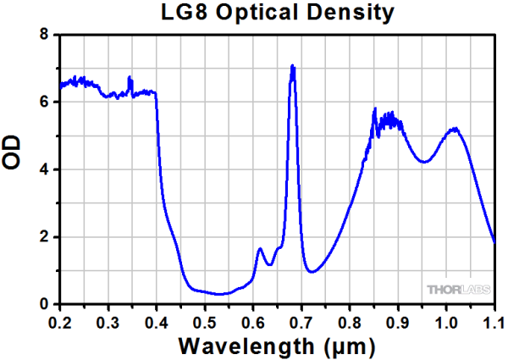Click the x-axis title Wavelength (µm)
(276, 346)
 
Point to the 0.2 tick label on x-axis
(59, 323)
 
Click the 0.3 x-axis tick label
(108, 323)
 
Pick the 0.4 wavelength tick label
(156, 323)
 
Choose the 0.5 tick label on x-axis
(204, 323)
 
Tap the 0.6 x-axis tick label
(253, 323)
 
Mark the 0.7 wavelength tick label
(301, 323)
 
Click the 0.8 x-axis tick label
(350, 323)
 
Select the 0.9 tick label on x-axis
(398, 323)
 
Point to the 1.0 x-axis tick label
(446, 323)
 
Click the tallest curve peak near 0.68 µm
(292, 65)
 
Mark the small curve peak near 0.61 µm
(260, 248)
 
